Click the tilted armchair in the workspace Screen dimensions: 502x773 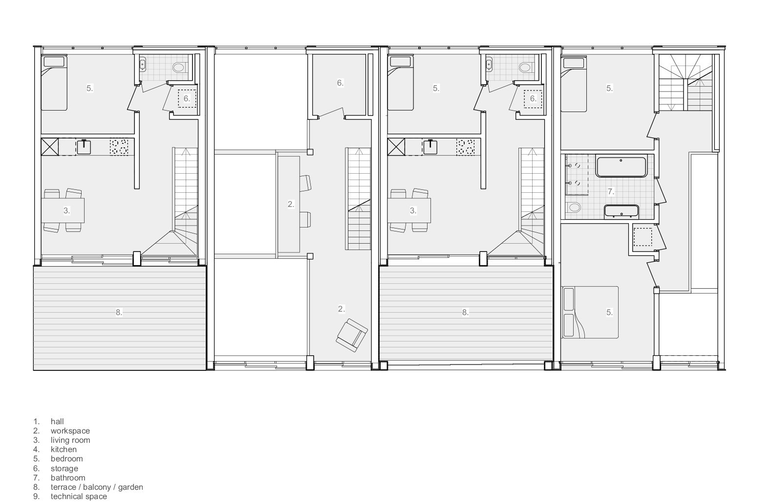click(x=351, y=335)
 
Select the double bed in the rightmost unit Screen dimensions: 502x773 click(x=590, y=312)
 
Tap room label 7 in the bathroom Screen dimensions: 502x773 click(x=610, y=191)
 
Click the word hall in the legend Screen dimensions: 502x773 click(x=57, y=421)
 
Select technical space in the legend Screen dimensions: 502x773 click(x=78, y=496)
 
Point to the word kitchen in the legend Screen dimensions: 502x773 click(x=64, y=449)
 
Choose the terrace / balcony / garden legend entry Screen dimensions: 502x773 click(x=97, y=487)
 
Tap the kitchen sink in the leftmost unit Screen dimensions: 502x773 click(x=84, y=147)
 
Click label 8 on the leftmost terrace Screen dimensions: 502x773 click(x=119, y=312)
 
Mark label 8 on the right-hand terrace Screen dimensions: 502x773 click(x=465, y=312)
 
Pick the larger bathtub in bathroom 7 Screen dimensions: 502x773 click(x=621, y=166)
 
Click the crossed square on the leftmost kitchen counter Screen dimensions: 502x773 click(x=49, y=147)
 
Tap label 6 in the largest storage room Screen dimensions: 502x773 click(x=340, y=83)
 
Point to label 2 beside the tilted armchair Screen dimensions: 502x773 click(x=341, y=309)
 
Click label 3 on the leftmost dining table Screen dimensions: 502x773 click(x=66, y=211)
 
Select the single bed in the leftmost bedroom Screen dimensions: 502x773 click(x=54, y=83)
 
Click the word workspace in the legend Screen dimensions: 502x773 click(x=70, y=431)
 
